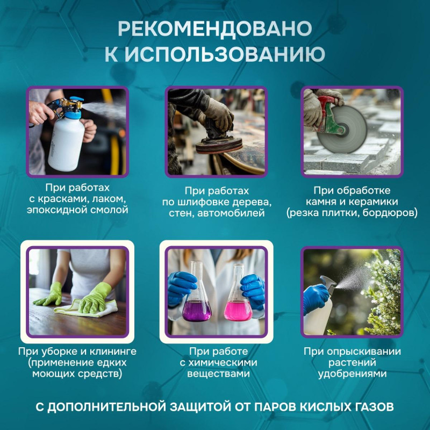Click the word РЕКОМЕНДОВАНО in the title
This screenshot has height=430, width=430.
214,29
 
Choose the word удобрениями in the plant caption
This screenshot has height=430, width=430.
352,374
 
